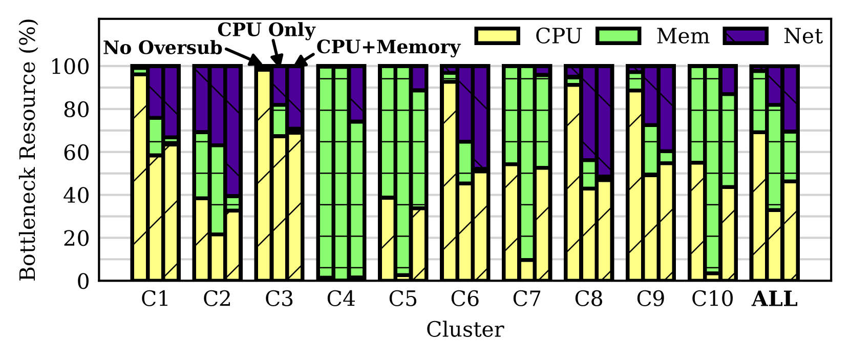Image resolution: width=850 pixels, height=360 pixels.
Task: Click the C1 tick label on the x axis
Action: (155, 299)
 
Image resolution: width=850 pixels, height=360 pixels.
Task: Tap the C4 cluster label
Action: (341, 299)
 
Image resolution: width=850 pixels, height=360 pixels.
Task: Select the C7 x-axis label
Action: (526, 299)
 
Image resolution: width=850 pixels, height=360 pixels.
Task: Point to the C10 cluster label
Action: (712, 299)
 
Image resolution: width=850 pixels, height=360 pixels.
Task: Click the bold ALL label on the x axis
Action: (774, 299)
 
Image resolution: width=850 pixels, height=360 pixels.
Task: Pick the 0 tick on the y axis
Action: (83, 281)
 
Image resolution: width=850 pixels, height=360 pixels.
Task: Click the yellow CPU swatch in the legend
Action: (497, 36)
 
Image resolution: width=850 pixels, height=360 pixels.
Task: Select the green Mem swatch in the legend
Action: (619, 36)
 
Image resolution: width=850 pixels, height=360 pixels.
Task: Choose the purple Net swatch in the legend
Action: (746, 36)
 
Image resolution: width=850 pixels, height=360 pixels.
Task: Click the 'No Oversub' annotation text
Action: (163, 48)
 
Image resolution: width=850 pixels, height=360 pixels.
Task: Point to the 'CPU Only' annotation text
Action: (266, 30)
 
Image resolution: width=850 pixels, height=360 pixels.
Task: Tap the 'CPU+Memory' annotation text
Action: (388, 47)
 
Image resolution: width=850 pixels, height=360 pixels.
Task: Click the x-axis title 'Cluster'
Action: (465, 330)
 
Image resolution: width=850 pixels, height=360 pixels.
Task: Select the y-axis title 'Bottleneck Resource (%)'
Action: (28, 150)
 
